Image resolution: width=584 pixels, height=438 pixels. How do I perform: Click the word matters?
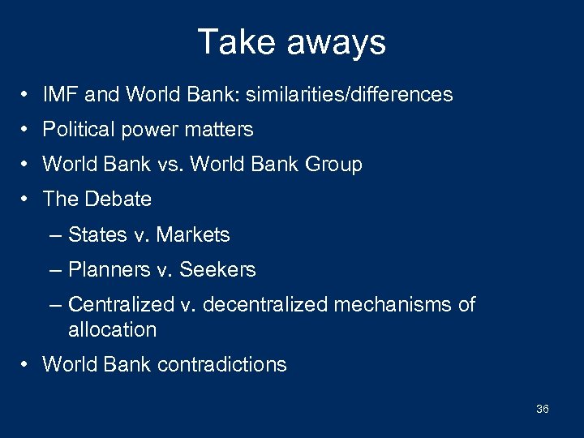coord(221,130)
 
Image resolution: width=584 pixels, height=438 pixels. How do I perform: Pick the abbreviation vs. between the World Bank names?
coord(170,165)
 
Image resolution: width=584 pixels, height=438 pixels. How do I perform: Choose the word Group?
coord(333,165)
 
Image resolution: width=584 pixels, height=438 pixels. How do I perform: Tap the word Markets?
coord(193,235)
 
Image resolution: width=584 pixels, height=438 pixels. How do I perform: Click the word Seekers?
coord(220,270)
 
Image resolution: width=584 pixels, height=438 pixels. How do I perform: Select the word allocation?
coord(112,330)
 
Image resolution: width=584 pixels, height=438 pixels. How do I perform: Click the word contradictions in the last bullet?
coord(221,365)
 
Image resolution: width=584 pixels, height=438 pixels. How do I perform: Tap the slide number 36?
coord(542,409)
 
